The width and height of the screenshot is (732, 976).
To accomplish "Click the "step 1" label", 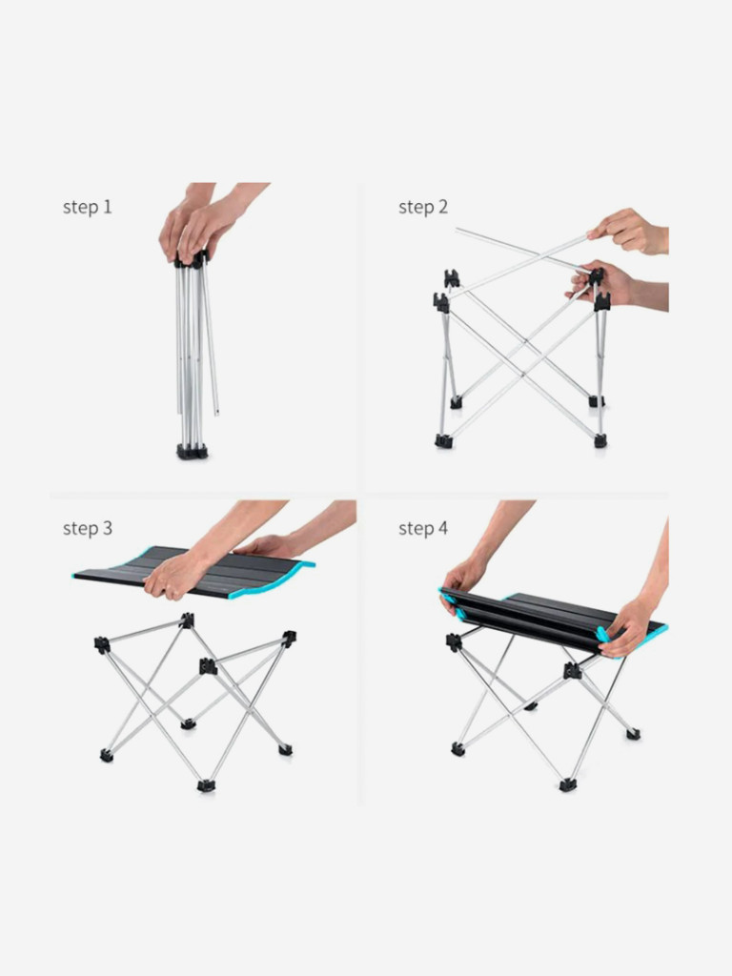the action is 87,207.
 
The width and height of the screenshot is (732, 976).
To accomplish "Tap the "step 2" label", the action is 423,207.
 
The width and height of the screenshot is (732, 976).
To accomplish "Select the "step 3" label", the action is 87,528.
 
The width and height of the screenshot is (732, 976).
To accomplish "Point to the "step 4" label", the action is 423,528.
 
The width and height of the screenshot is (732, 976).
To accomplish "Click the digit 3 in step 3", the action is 108,528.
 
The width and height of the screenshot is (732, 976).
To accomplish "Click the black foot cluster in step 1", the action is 193,451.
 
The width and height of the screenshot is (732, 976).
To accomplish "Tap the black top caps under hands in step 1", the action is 191,259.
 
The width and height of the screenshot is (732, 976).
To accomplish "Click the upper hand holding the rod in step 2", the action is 629,232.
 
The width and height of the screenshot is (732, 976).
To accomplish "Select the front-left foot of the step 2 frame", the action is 443,441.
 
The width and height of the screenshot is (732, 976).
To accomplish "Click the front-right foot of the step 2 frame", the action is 600,441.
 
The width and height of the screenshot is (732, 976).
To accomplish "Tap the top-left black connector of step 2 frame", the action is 451,278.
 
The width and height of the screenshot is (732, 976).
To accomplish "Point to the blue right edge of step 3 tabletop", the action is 302,572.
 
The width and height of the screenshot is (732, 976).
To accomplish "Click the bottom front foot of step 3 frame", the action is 206,785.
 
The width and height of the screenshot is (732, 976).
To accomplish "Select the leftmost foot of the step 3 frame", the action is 107,756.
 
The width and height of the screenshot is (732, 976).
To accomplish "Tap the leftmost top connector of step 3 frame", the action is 102,645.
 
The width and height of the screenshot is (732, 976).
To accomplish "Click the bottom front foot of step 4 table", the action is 568,785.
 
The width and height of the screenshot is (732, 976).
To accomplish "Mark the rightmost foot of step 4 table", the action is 633,734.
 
